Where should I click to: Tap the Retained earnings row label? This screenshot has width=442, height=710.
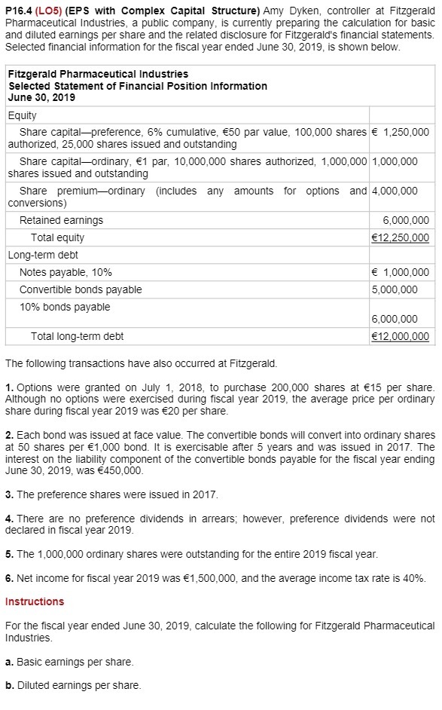point(61,221)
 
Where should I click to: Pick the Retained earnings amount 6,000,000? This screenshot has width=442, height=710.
point(406,221)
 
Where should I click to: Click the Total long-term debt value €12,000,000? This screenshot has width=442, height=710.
point(401,337)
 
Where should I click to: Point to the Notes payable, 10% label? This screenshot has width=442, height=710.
point(66,272)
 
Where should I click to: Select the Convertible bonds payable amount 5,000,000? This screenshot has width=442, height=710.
point(395,289)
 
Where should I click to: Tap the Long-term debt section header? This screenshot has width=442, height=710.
point(43,255)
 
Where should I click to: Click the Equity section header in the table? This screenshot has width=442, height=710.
point(22,116)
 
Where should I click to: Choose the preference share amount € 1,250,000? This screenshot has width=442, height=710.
point(401,132)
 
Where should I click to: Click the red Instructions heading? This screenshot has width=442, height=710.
point(35,601)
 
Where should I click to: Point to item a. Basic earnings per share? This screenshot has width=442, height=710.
point(69,662)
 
